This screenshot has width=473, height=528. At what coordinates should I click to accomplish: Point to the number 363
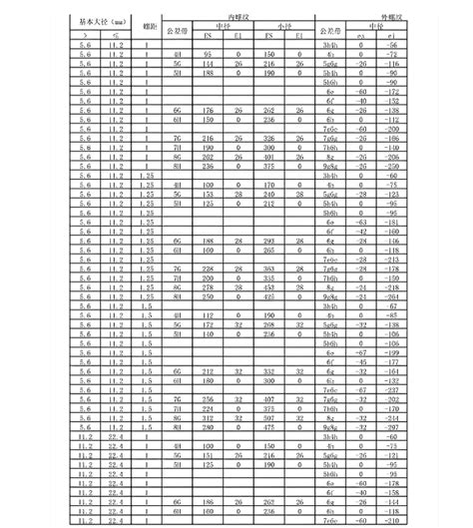(269, 268)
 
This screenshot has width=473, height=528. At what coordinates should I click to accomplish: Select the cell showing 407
(269, 398)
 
